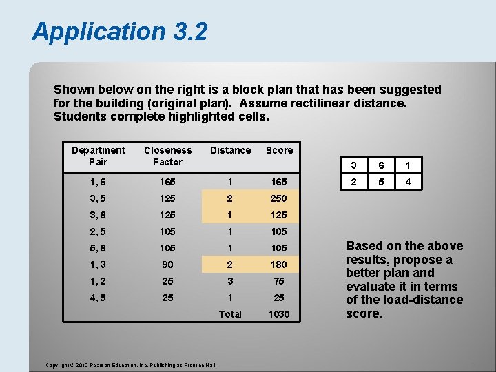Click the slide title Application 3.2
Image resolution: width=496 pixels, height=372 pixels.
(119, 31)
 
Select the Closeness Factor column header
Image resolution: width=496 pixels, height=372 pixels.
(167, 156)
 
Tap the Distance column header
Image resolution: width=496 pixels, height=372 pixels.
(230, 150)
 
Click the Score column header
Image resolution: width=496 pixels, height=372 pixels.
(279, 150)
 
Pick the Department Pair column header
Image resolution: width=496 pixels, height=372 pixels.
(99, 156)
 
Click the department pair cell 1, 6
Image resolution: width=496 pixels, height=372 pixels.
(99, 182)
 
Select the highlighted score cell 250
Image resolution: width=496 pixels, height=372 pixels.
(279, 198)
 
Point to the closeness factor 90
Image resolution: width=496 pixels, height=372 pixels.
(167, 265)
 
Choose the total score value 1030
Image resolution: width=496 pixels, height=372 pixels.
(279, 314)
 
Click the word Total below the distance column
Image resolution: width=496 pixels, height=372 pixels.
(230, 314)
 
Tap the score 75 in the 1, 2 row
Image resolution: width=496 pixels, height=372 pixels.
(279, 281)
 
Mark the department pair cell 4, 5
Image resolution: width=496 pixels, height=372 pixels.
(99, 298)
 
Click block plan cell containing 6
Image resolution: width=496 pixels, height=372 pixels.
(380, 165)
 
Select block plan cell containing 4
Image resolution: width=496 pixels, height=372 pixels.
(408, 182)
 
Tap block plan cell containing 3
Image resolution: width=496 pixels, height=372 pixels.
(353, 165)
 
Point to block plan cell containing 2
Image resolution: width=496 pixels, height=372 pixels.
(353, 182)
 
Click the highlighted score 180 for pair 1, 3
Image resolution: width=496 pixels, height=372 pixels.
(279, 265)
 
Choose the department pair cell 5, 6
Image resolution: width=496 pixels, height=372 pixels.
(99, 248)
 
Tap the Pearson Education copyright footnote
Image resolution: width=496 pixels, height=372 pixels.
(131, 364)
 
